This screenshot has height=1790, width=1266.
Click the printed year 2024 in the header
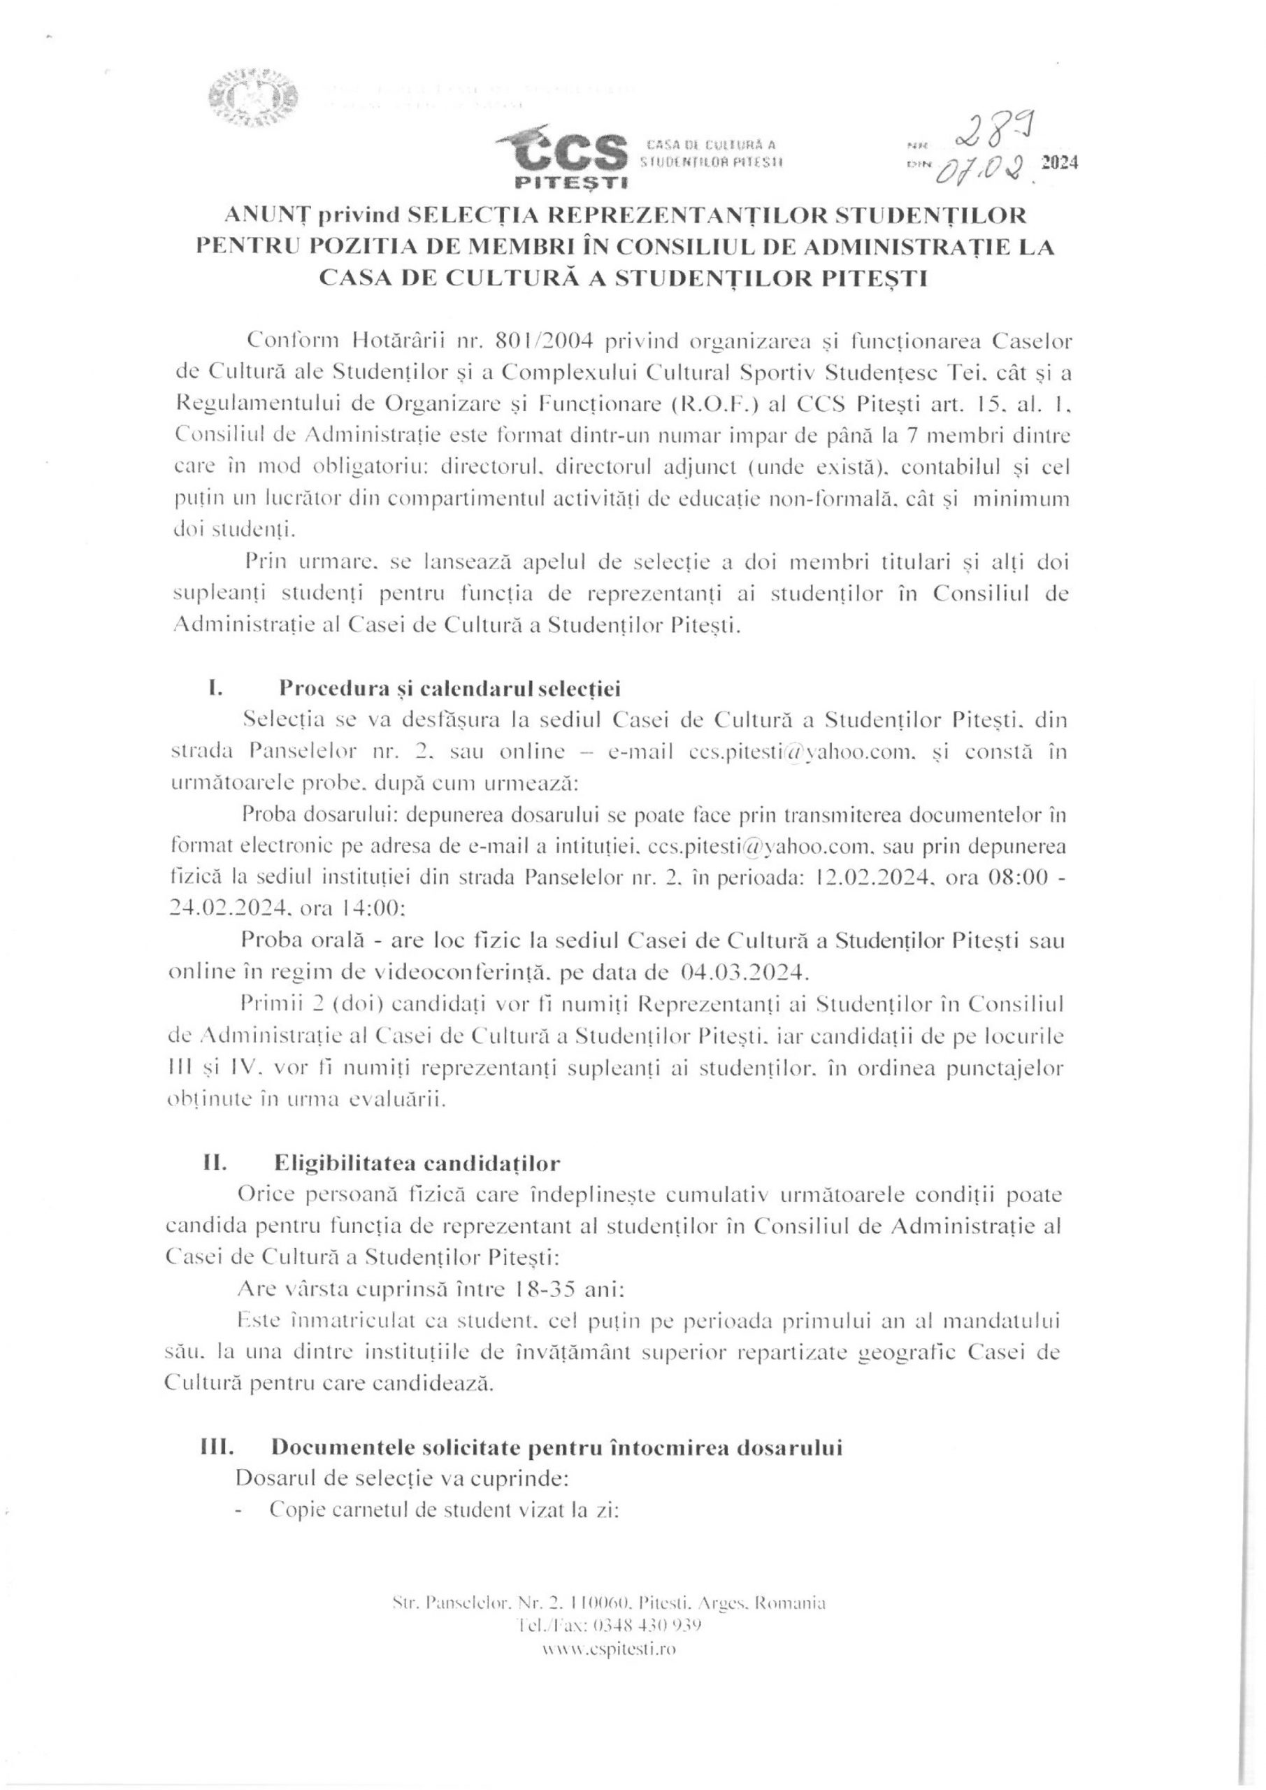pyautogui.click(x=1058, y=163)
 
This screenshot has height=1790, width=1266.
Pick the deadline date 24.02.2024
pyautogui.click(x=236, y=908)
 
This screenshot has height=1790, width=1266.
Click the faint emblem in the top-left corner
pyautogui.click(x=252, y=97)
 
